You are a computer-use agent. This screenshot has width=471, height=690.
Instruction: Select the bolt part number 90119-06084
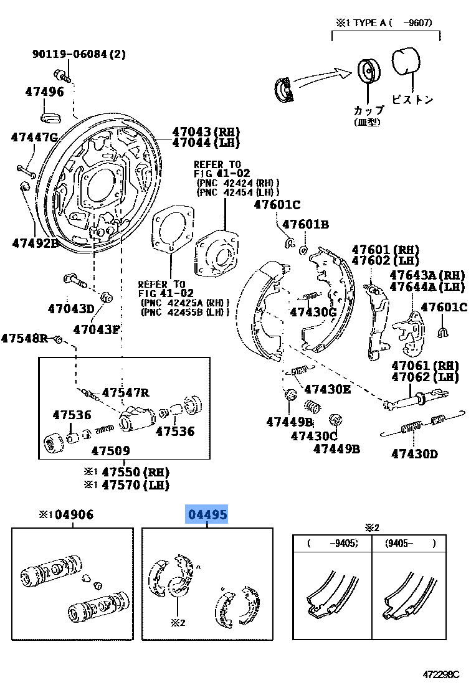[x=78, y=54]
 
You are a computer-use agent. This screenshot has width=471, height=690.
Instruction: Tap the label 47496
[x=44, y=92]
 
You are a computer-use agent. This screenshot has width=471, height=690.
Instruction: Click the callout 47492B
[x=35, y=243]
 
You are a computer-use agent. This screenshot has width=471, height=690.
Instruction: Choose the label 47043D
[x=70, y=308]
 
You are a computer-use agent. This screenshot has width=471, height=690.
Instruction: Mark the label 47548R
[x=24, y=338]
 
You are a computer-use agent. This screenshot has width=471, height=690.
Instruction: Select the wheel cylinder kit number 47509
[x=110, y=450]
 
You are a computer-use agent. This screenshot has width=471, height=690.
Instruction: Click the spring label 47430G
[x=313, y=312]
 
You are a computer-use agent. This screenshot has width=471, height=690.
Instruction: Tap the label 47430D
[x=414, y=453]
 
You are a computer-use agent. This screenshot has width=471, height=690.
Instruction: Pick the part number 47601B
[x=305, y=224]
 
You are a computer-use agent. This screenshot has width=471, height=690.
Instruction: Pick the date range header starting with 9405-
[x=408, y=543]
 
